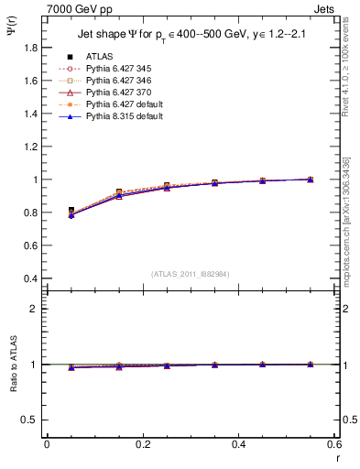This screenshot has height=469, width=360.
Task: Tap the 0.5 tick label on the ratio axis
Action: pyautogui.click(x=33, y=420)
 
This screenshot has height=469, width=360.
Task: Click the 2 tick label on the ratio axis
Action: pyautogui.click(x=37, y=309)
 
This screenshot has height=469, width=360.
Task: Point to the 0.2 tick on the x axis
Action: pyautogui.click(x=142, y=444)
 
